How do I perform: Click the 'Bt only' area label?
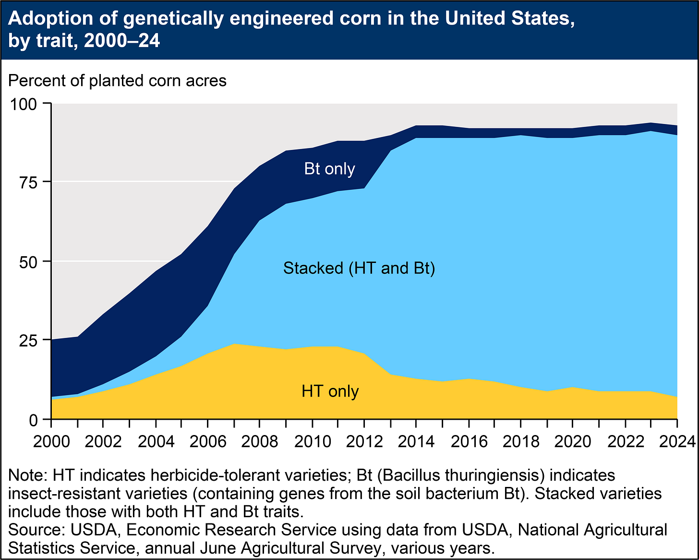pos(329,169)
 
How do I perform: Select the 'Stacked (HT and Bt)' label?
pos(359,268)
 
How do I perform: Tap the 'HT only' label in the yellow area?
pos(330,391)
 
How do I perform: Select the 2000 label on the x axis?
pos(51,441)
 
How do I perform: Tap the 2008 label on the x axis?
pos(259,441)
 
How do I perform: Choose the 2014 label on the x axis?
pos(416,441)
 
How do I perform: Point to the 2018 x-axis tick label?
pos(520,441)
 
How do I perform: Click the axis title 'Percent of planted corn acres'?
pos(117,80)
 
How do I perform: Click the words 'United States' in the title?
pos(509,19)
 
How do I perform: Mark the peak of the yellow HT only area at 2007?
pos(233,344)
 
